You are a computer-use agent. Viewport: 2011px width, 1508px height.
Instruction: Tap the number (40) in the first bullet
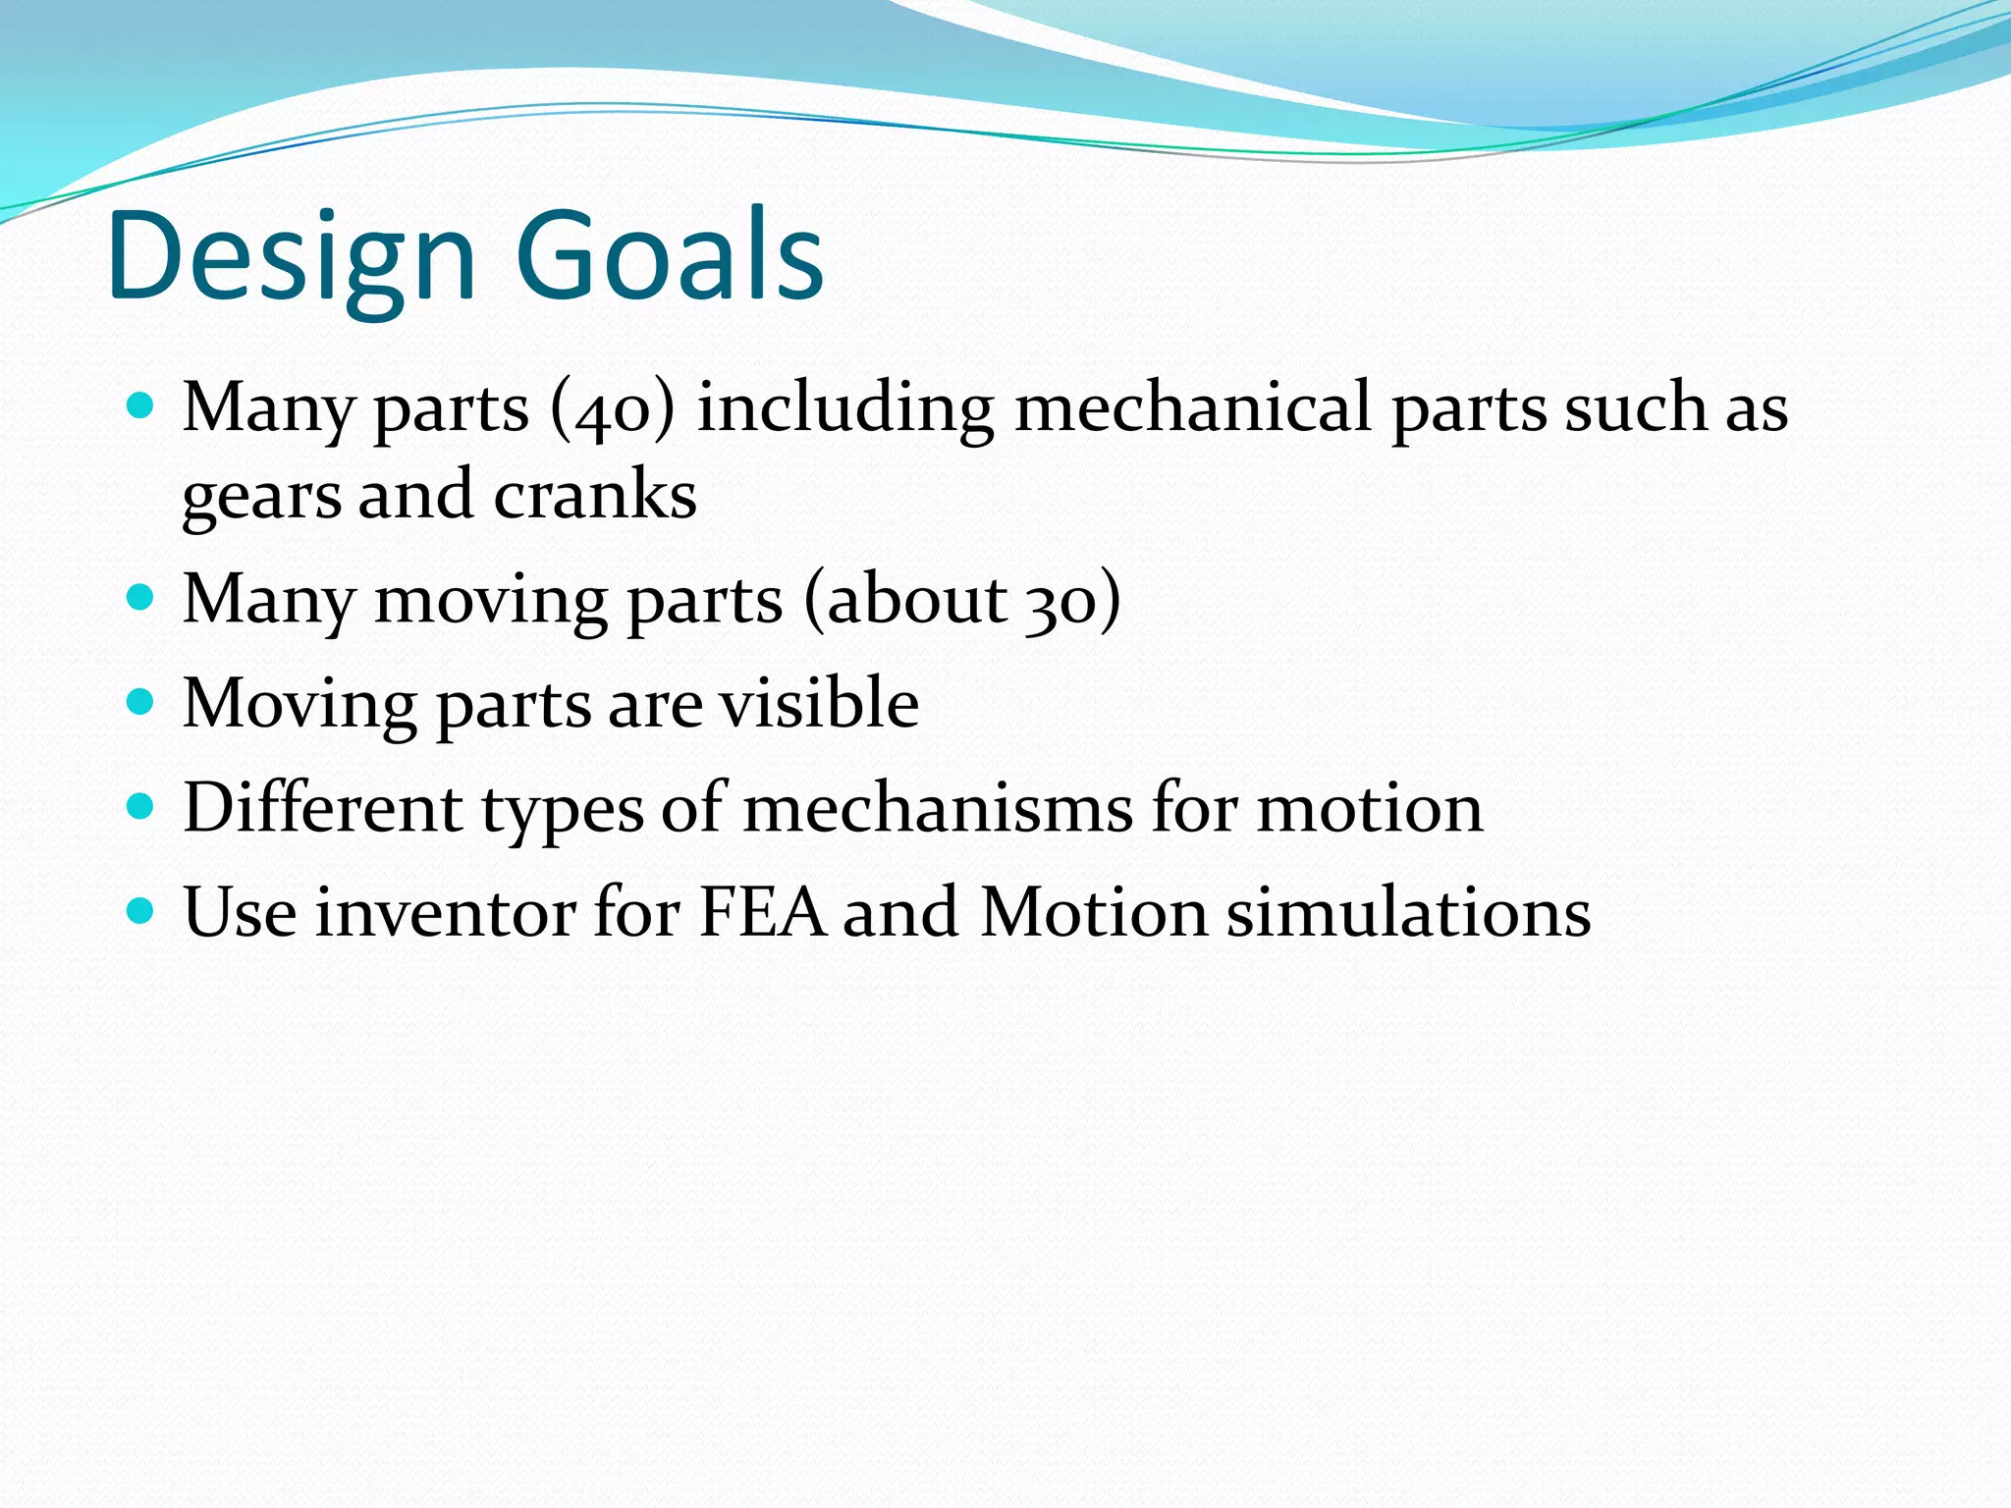click(613, 408)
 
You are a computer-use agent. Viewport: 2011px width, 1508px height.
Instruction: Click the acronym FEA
click(761, 913)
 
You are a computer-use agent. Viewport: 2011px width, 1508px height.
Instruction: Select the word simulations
click(1409, 913)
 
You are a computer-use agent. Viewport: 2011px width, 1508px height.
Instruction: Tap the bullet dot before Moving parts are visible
click(141, 701)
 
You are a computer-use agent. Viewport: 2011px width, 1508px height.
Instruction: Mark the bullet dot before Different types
click(141, 806)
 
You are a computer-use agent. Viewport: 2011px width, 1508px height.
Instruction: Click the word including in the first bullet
click(844, 408)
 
